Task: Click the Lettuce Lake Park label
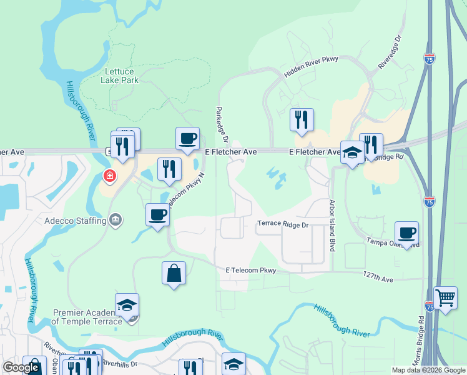click(120, 76)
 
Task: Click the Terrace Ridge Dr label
click(283, 224)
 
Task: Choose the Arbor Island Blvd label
click(332, 226)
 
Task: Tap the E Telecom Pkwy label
click(250, 270)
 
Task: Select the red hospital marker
click(110, 177)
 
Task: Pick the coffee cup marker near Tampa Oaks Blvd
click(406, 232)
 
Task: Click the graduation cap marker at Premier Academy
click(127, 305)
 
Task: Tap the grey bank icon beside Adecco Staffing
click(116, 220)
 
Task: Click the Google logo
click(21, 367)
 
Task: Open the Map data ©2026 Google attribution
click(428, 370)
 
